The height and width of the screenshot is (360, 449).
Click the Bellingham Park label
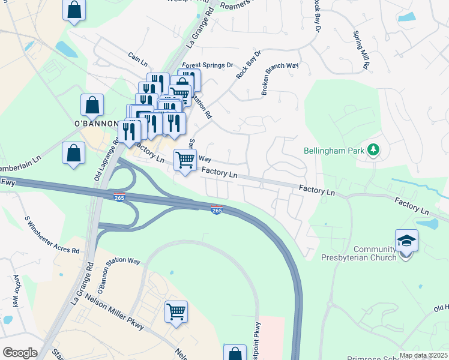click(x=334, y=150)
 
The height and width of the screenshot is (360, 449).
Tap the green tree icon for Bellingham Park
click(x=373, y=149)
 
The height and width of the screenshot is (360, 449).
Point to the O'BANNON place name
click(x=94, y=124)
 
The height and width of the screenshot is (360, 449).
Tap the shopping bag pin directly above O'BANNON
click(x=92, y=106)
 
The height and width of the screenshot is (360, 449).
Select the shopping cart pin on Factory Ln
click(x=185, y=160)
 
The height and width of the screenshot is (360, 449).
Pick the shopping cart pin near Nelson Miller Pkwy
click(x=176, y=311)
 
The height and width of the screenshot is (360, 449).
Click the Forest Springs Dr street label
click(x=208, y=65)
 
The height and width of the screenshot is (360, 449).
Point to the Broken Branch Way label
click(x=279, y=79)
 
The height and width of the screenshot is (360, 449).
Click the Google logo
click(x=20, y=352)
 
